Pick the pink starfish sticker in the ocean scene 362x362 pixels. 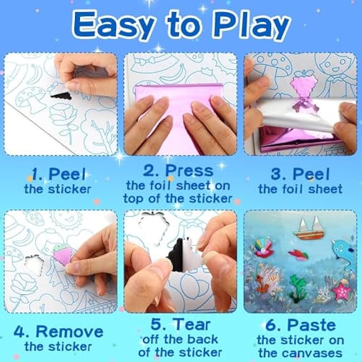point(340,291)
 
